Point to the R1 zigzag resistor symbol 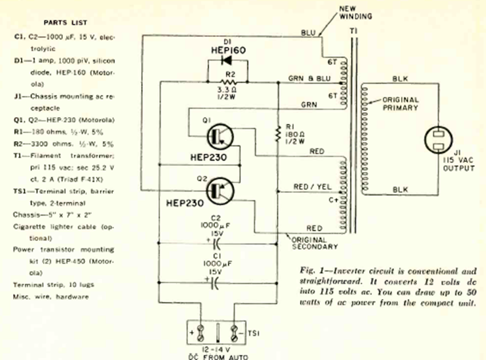coord(277,133)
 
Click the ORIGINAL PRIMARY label coord(400,103)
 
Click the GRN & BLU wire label coord(309,80)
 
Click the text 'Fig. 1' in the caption coord(308,270)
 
